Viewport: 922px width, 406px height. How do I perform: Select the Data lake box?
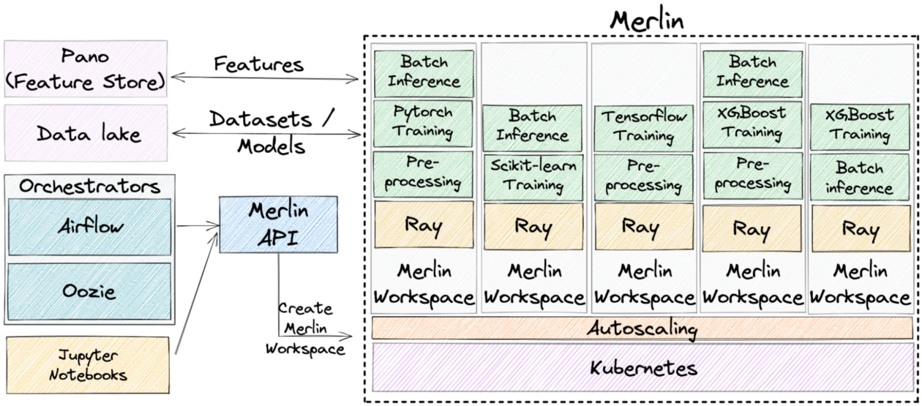85,134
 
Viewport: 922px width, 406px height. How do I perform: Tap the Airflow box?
89,226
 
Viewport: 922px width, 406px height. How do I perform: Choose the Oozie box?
89,291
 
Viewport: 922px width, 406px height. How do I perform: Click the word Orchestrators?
89,186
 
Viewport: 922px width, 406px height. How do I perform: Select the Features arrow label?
259,64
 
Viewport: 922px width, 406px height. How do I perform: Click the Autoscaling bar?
642,328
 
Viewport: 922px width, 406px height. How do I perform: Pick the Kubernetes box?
642,367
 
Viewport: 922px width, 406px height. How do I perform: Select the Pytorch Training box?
424,122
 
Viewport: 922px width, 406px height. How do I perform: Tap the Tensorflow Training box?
642,125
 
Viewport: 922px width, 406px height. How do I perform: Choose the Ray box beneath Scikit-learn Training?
533,226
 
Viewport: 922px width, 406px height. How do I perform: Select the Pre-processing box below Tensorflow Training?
642,176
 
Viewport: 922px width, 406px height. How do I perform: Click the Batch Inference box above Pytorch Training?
424,71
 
